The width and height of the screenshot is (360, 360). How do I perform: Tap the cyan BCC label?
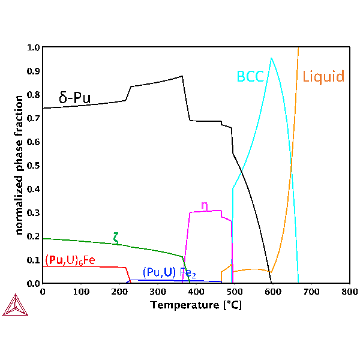(x=249, y=76)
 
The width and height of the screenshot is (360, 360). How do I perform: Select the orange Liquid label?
(x=323, y=77)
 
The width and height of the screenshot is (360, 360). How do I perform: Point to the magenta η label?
(x=205, y=205)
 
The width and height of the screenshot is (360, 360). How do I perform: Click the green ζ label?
(x=116, y=237)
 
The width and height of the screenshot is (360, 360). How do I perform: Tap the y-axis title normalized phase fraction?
(x=19, y=164)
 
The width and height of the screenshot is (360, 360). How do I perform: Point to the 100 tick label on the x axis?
(x=80, y=292)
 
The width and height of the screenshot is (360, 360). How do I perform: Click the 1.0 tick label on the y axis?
(x=33, y=47)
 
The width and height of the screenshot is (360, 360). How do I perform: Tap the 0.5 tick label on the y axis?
(x=33, y=166)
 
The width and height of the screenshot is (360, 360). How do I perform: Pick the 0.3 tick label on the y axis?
(x=33, y=212)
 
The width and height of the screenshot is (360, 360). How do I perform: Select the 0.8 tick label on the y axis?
(x=33, y=95)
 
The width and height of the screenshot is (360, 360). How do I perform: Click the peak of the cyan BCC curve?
(x=272, y=58)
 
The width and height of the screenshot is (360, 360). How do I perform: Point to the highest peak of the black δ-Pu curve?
(x=182, y=76)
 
